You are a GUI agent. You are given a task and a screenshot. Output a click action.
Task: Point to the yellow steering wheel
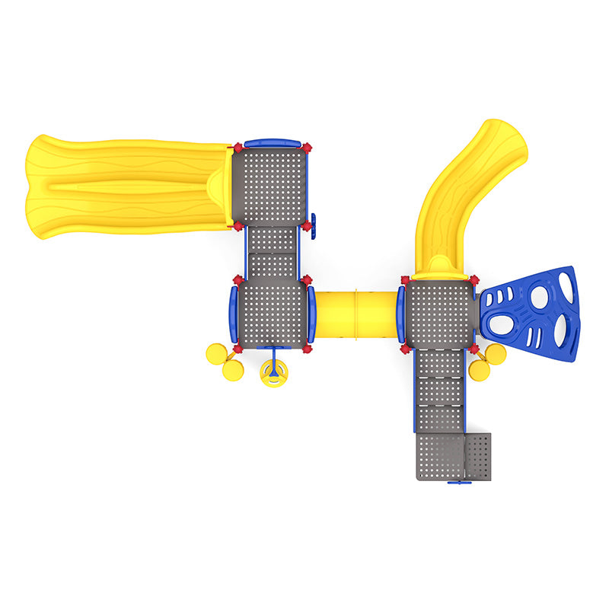[273, 372]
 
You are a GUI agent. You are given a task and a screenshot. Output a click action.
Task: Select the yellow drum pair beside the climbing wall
[487, 361]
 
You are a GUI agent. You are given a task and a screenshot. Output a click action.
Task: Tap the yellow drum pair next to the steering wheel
[223, 361]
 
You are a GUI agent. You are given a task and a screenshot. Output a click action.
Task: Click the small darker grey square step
[478, 457]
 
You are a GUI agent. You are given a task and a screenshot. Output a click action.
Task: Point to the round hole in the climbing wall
[539, 297]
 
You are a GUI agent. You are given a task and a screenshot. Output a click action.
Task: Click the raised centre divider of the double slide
[129, 187]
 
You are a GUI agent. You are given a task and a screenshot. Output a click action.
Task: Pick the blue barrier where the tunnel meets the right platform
[400, 314]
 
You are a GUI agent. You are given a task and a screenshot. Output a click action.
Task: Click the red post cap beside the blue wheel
[306, 226]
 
